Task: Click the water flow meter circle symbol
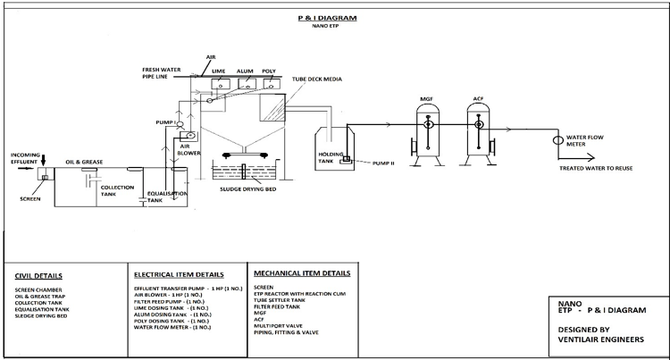coord(557,139)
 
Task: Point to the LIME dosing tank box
coord(219,85)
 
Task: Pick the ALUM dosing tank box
coord(246,85)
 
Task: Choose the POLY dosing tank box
coord(270,85)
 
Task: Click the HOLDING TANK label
coord(332,156)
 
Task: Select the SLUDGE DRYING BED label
coord(246,189)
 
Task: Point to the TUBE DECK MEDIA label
coord(316,80)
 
